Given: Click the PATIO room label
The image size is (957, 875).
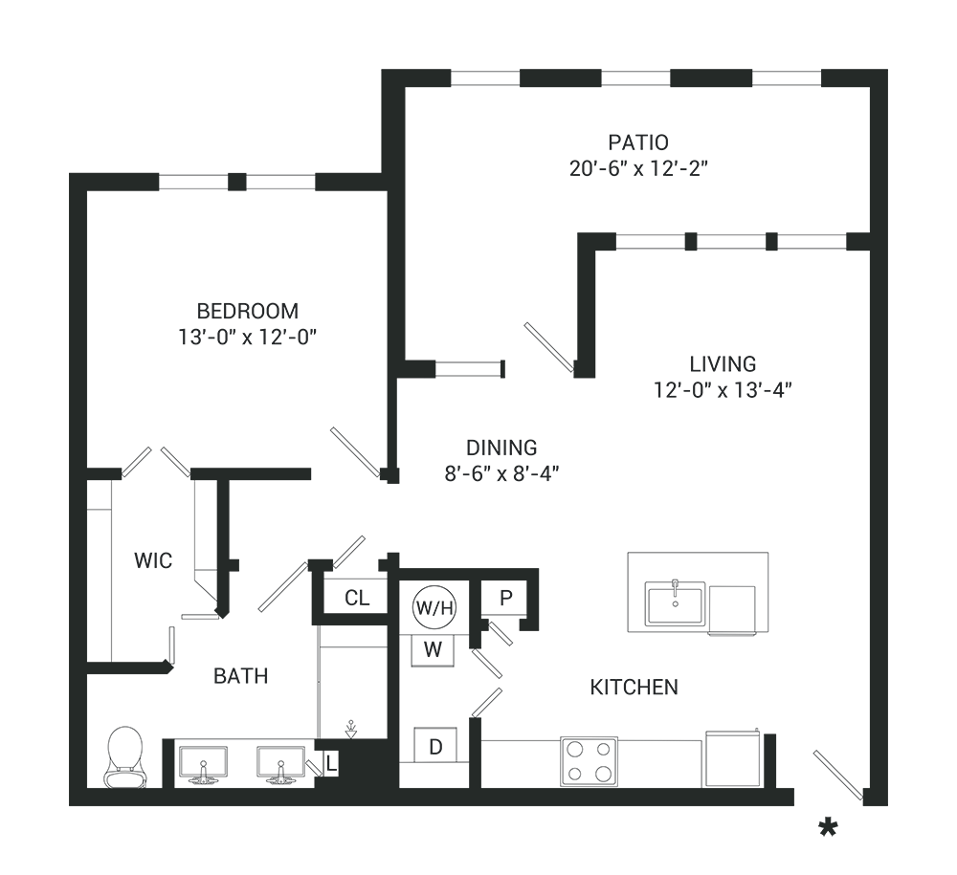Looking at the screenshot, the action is pos(637,143).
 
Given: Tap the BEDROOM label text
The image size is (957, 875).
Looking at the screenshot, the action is pos(247,311).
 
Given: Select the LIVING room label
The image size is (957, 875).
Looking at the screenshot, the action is pos(723,364).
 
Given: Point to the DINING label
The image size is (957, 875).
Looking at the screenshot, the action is pos(501,448).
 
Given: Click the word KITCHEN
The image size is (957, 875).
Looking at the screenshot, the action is pos(634,687).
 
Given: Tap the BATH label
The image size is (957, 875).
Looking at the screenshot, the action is pos(240,676).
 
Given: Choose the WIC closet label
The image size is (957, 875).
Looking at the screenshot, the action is pos(153,560).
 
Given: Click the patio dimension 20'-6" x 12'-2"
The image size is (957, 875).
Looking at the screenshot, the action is pos(637,169).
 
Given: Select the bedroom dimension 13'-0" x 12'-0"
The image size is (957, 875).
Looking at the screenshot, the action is pos(247,337).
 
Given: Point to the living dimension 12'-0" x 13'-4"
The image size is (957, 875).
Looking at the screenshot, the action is pos(723,390).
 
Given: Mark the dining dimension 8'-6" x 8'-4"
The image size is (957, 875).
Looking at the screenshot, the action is pos(501,473).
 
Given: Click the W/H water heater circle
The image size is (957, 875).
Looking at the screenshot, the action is pos(434,606).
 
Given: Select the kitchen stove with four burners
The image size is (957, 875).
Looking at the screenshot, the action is pos(589,761).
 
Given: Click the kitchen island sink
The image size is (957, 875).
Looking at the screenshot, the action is pos(675,603).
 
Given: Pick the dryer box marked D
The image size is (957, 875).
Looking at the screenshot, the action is pos(435,746).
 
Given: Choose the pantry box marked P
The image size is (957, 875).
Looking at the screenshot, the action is pos(506,599).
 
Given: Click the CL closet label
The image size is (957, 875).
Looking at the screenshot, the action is pos(357,599).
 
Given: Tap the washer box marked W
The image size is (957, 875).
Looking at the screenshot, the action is pos(434,650).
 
